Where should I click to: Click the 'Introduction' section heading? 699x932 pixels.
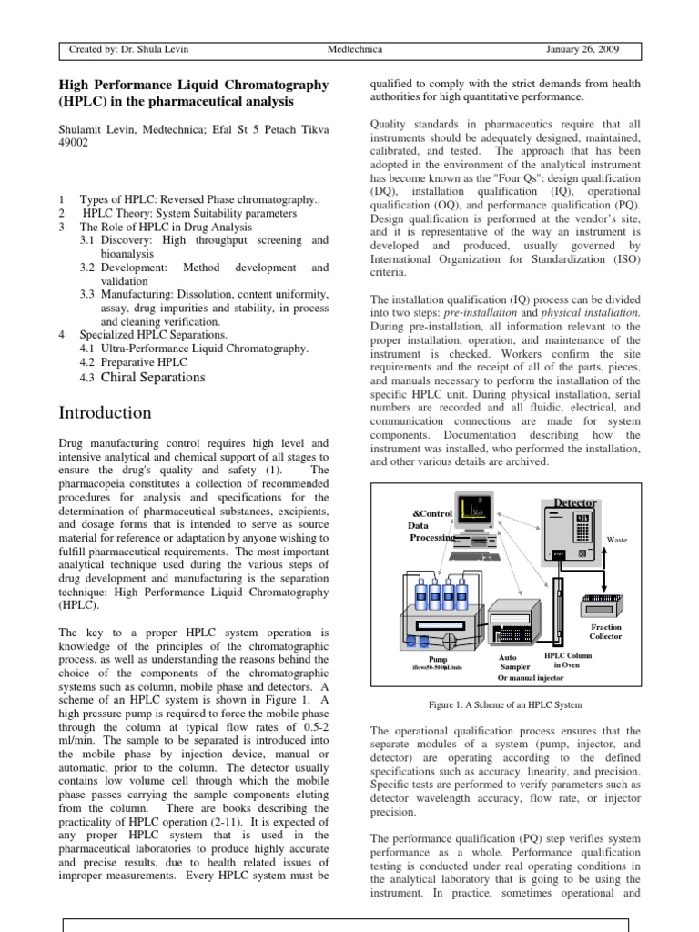(x=105, y=412)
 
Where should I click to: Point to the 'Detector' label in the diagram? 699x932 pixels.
(x=575, y=502)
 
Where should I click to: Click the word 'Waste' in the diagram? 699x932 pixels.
(x=617, y=540)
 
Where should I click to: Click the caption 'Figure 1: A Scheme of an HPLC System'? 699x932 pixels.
(x=505, y=705)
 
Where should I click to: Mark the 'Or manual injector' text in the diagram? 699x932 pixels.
(x=532, y=678)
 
